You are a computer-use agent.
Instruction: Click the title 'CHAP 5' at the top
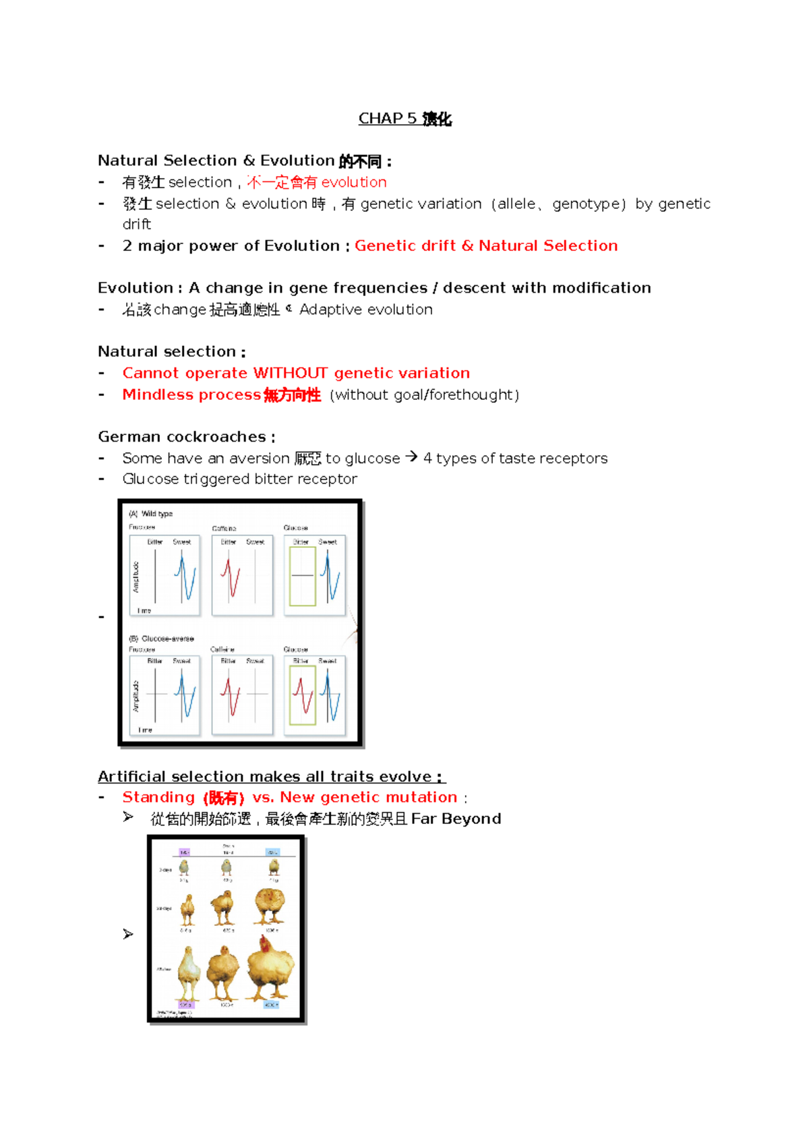388,119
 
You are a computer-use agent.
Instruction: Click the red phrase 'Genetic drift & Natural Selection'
485,245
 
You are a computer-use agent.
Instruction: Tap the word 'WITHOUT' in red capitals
290,373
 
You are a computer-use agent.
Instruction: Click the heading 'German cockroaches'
182,436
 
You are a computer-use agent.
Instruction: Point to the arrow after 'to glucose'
411,457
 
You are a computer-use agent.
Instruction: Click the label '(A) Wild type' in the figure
151,514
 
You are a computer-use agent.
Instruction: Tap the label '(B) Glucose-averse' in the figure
162,638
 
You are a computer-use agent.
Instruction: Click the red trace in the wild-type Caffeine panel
231,576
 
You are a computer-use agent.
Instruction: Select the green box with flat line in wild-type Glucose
303,576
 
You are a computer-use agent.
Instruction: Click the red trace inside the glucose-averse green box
303,695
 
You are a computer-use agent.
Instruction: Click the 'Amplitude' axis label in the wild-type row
136,577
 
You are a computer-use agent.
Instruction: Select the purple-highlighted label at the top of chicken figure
184,852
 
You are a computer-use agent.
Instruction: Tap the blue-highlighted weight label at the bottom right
271,1005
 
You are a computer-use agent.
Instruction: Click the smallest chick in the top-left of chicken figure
184,867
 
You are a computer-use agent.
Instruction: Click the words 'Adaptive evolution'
366,310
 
